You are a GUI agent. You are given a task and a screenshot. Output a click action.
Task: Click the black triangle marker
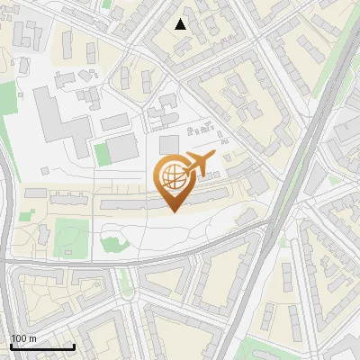coord(181,24)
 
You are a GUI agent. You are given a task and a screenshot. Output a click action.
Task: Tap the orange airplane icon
coord(197,166)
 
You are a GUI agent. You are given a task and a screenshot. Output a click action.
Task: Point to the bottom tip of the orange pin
coord(171,211)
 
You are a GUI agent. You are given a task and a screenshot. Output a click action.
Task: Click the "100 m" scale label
coord(23,338)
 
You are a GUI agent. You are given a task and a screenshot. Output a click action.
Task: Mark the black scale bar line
coord(42,346)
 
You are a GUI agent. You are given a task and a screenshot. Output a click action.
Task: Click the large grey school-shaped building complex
coord(58,121)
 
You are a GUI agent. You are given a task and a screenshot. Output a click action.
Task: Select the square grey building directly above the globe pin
coord(169,144)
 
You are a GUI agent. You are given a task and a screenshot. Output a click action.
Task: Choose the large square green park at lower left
coord(72,236)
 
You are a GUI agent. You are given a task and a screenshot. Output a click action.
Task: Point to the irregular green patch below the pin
coord(112,243)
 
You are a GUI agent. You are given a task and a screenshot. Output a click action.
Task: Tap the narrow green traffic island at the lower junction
coord(125,281)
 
